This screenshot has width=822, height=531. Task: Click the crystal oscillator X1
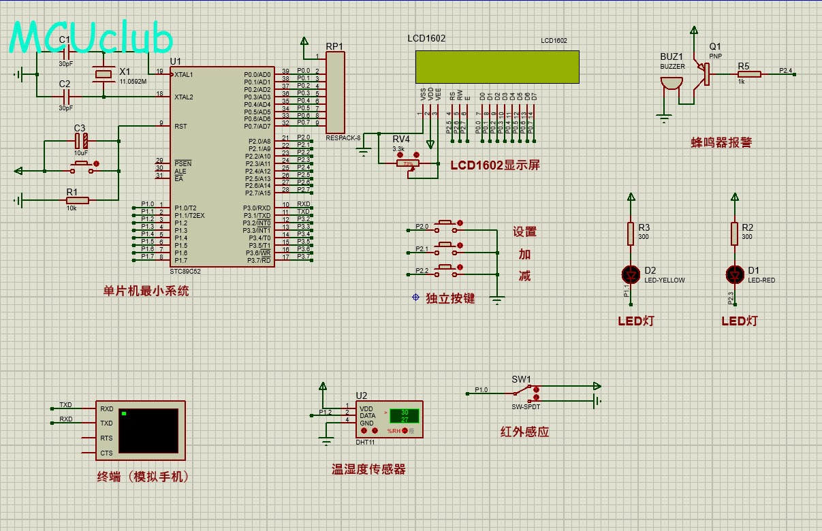pos(104,74)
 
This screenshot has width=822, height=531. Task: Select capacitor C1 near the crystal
pos(65,54)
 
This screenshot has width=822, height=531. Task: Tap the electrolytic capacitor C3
pos(81,141)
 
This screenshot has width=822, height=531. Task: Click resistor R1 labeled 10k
pos(77,200)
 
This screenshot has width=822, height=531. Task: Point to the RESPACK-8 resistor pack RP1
pos(335,93)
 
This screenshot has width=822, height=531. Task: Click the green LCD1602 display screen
pos(497,67)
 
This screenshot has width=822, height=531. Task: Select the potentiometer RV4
pos(408,163)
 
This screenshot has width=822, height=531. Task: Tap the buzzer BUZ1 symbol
pos(671,84)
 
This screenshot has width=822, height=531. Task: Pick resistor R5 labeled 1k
pos(748,74)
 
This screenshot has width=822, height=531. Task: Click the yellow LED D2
pos(631,274)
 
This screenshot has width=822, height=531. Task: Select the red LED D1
pos(734,274)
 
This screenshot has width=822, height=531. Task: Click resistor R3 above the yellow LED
pos(631,234)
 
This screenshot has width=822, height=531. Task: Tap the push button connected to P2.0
pos(446,223)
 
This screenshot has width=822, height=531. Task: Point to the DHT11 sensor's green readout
pos(404,416)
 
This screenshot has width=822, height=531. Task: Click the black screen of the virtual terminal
pos(148,430)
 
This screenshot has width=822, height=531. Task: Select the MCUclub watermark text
pos(91,37)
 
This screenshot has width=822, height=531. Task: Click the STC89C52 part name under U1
pos(185,271)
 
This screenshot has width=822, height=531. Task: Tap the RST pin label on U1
pos(180,126)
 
